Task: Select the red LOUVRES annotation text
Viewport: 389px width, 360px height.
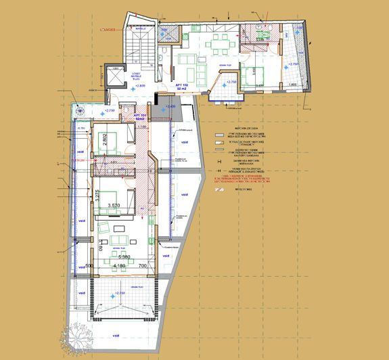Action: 108,30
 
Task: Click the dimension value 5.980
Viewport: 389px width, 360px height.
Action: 124,257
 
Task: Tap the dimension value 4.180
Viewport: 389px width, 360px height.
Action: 119,266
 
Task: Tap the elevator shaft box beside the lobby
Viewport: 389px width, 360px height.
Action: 111,77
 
